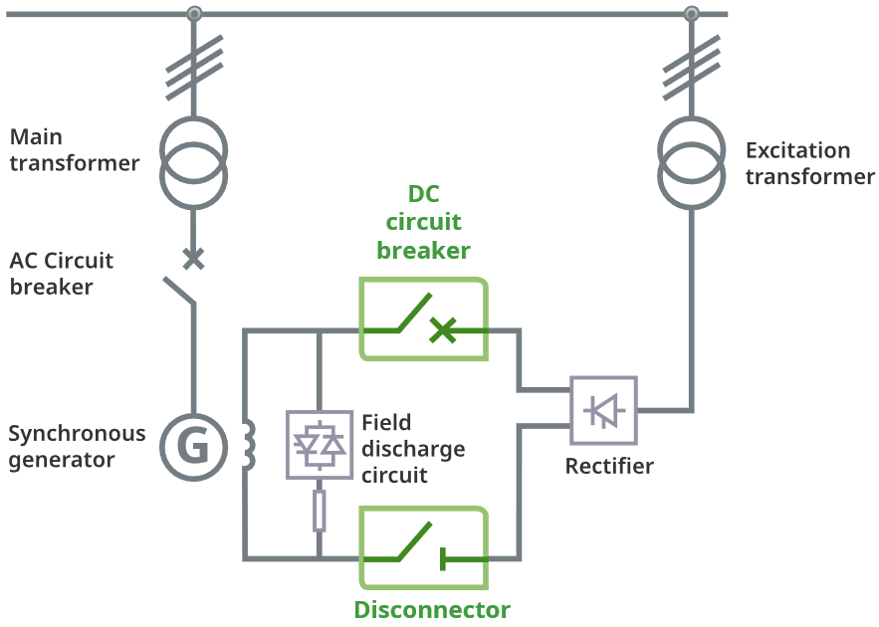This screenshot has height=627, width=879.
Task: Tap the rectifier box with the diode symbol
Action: pyautogui.click(x=603, y=410)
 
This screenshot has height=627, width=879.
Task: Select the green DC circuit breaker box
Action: pyautogui.click(x=424, y=318)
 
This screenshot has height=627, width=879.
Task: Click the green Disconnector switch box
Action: pyautogui.click(x=424, y=548)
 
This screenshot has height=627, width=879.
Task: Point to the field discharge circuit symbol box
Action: pyautogui.click(x=319, y=444)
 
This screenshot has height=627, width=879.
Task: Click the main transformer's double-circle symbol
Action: pyautogui.click(x=194, y=158)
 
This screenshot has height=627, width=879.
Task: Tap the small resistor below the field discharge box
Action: pyautogui.click(x=319, y=510)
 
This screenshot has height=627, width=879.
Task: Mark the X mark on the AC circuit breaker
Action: pyautogui.click(x=194, y=259)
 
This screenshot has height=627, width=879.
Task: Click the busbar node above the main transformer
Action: pyautogui.click(x=194, y=13)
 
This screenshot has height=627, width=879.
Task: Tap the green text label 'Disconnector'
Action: pyautogui.click(x=432, y=610)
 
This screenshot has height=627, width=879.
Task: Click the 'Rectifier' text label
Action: pyautogui.click(x=609, y=466)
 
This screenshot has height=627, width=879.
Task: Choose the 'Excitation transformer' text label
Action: pyautogui.click(x=809, y=163)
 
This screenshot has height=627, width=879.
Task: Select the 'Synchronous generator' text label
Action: pyautogui.click(x=77, y=447)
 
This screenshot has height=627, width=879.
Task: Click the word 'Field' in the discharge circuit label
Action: pyautogui.click(x=386, y=422)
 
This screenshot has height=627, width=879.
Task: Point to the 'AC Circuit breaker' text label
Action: pyautogui.click(x=62, y=274)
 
